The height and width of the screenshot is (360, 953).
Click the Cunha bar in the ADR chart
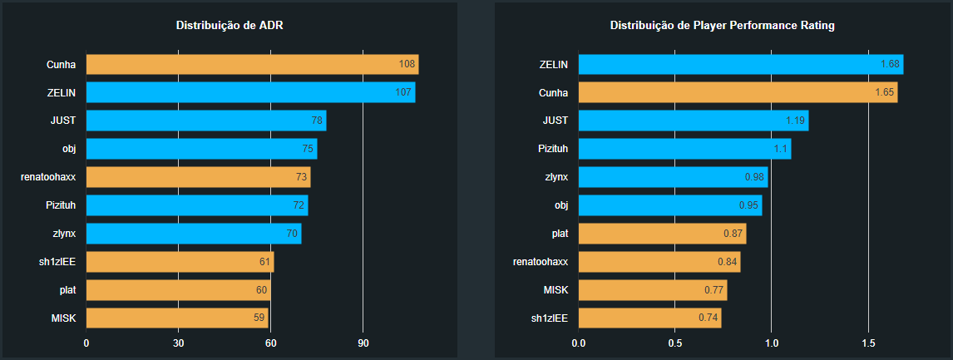[252, 65]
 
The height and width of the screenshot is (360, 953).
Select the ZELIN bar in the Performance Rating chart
[741, 65]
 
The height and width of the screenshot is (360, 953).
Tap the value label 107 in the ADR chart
[403, 92]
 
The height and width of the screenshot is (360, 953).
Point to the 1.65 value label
[884, 92]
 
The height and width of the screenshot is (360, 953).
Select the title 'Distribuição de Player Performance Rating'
[723, 26]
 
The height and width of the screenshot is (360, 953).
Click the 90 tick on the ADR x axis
[363, 343]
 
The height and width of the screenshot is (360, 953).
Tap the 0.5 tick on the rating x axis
[674, 343]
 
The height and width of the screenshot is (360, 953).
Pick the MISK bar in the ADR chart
[177, 318]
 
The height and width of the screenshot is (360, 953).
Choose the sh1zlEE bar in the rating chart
[649, 318]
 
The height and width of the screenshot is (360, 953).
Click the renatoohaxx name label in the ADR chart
[48, 177]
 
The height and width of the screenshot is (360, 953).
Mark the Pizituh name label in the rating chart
[554, 149]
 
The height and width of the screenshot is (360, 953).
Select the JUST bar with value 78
[206, 121]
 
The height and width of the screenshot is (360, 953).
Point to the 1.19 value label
[796, 121]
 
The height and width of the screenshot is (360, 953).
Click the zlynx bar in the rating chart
[674, 177]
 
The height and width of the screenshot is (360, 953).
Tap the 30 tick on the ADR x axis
[178, 343]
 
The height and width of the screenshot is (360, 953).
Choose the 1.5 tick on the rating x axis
[868, 343]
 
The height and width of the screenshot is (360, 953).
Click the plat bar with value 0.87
[662, 233]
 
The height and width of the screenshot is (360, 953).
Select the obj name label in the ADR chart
[69, 149]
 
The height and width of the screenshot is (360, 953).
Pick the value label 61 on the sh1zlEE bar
[264, 262]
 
